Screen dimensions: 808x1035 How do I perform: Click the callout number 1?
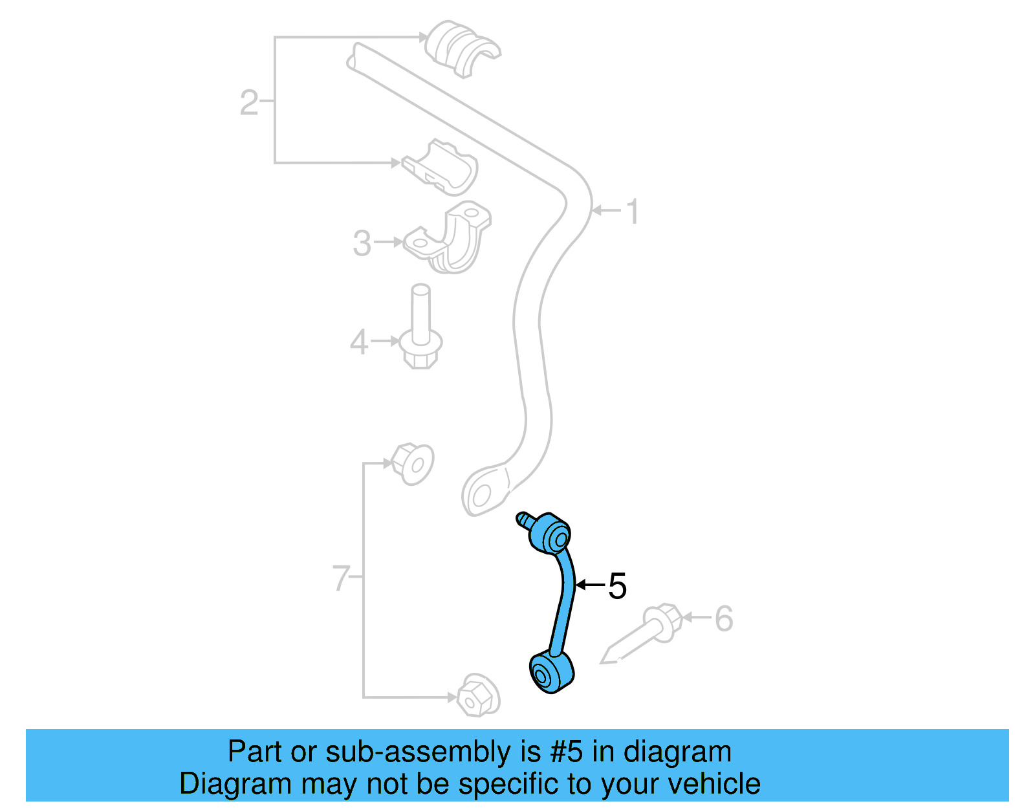pos(633,212)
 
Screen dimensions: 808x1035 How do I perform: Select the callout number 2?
pos(249,103)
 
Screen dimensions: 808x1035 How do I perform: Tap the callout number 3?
pos(362,244)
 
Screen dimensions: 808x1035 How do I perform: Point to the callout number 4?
pos(358,342)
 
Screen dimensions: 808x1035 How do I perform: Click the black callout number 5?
pos(617,586)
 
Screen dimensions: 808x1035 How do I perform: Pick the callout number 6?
pos(724,618)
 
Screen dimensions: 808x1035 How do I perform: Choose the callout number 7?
pos(341,578)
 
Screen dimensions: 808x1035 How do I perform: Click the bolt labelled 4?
pos(421,330)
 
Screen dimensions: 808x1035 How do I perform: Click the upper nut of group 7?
pos(413,463)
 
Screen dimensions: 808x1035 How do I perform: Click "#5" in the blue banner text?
pos(567,752)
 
